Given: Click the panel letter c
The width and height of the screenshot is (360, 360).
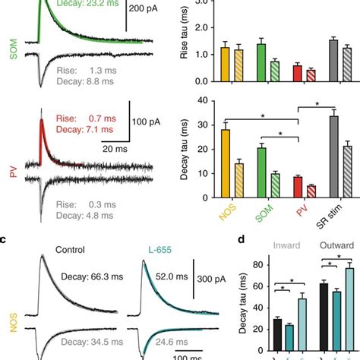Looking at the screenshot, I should click(5, 241).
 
